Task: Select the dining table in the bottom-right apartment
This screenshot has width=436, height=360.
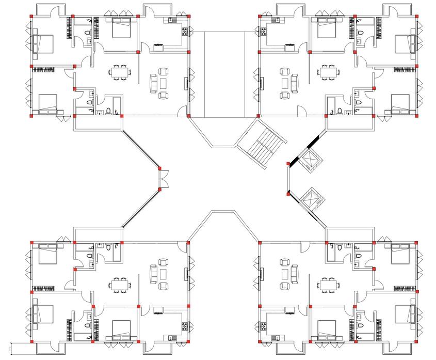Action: (327, 284)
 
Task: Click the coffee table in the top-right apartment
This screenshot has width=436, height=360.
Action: (285, 83)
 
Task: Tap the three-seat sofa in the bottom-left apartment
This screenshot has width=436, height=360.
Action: (153, 272)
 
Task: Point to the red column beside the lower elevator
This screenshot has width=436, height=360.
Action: (287, 194)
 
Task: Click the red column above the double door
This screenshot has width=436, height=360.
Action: (159, 168)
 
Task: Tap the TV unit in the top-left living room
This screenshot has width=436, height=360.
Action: (186, 83)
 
